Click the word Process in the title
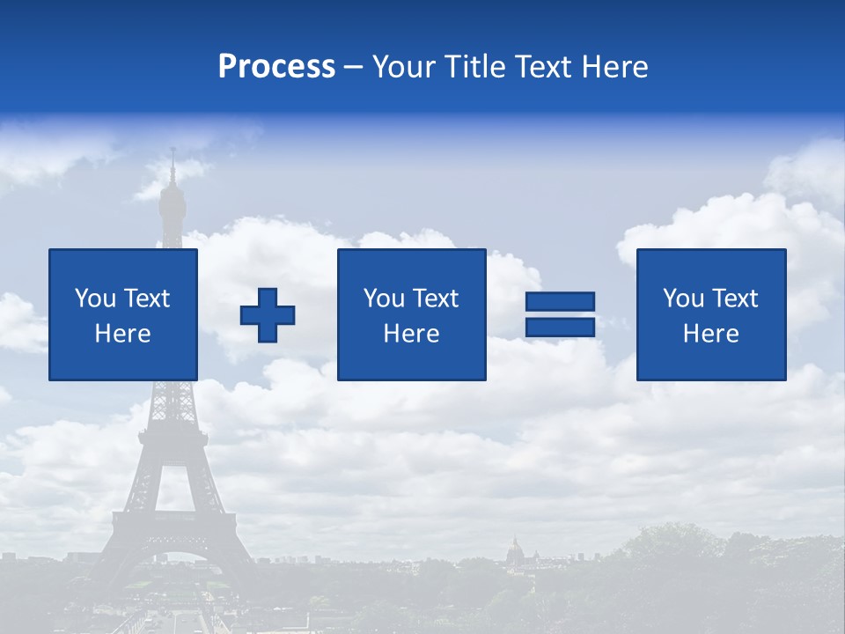(x=276, y=67)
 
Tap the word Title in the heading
(x=474, y=67)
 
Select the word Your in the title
(x=406, y=67)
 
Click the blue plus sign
(x=268, y=314)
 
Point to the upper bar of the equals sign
(x=560, y=302)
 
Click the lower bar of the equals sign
(x=560, y=327)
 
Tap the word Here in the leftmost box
(x=122, y=334)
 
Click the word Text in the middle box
(x=436, y=299)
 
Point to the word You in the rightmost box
(x=683, y=299)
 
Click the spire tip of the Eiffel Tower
(x=173, y=152)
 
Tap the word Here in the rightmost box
(x=710, y=334)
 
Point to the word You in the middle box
(x=384, y=299)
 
